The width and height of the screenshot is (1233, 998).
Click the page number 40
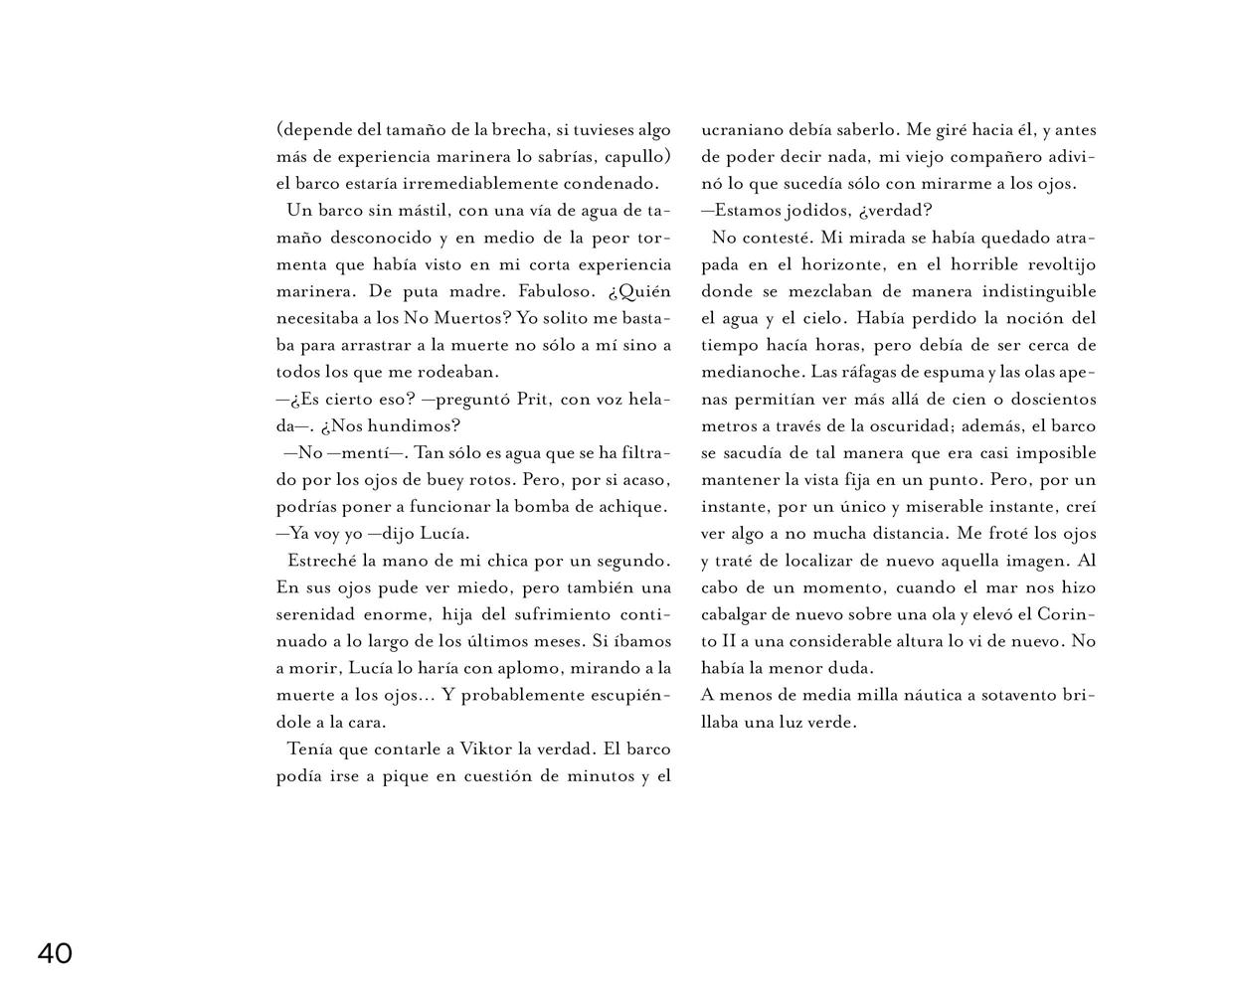[55, 954]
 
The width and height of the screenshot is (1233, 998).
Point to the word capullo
[635, 156]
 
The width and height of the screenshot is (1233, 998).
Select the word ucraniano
[741, 130]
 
